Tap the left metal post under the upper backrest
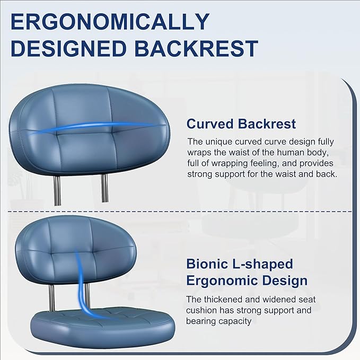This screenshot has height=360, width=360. click(x=57, y=190)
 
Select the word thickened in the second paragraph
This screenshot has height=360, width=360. click(x=225, y=299)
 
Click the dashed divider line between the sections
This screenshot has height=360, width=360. click(x=180, y=211)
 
